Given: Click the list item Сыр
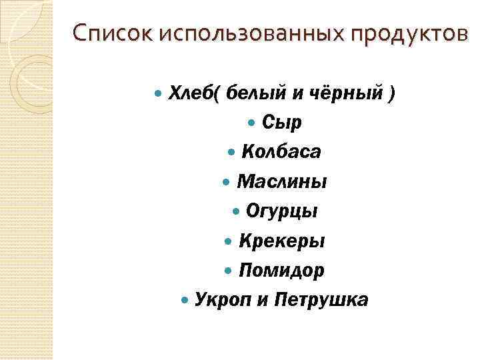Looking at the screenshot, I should pos(281,123).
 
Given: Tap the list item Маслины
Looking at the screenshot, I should pos(281,181).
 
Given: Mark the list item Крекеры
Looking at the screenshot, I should pos(281,241).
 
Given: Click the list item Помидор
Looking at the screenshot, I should pos(281,271).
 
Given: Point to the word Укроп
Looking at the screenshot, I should pos(223,300).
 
